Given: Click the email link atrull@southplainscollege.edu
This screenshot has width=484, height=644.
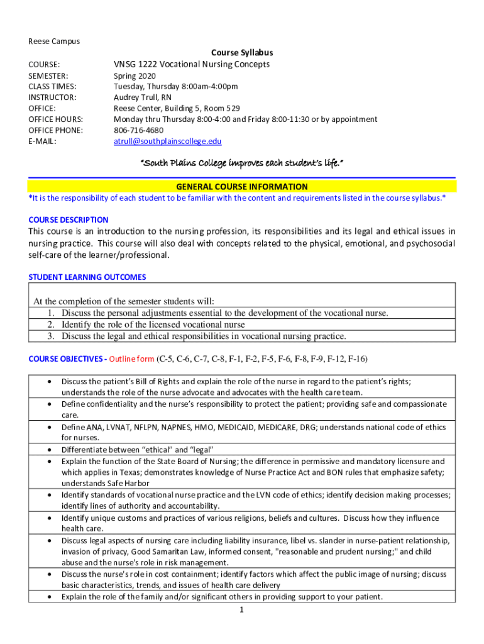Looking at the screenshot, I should click(x=167, y=142).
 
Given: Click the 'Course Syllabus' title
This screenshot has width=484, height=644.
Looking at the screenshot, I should click(x=241, y=53).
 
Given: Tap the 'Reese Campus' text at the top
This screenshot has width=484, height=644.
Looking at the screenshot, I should click(x=54, y=42).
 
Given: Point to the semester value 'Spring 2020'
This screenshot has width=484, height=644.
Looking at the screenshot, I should click(x=135, y=75).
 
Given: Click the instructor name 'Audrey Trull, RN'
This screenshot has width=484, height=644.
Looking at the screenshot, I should click(x=142, y=97).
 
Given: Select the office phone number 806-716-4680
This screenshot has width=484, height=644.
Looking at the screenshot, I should click(x=138, y=130).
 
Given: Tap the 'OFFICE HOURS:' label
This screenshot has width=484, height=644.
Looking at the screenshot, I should click(x=56, y=119).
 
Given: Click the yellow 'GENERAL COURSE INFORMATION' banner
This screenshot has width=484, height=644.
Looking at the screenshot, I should click(x=241, y=186).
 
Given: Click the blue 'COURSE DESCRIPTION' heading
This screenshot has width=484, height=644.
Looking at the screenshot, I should click(x=69, y=220).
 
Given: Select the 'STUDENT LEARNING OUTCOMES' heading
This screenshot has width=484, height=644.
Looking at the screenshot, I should click(x=87, y=277).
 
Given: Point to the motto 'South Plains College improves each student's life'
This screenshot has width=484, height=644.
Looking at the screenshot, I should click(x=241, y=163).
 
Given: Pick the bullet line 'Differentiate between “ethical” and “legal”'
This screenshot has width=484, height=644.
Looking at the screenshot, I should click(x=138, y=450).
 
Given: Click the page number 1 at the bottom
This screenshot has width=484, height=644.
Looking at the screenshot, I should click(x=241, y=609).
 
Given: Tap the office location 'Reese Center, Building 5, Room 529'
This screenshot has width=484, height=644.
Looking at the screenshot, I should click(x=176, y=108).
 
